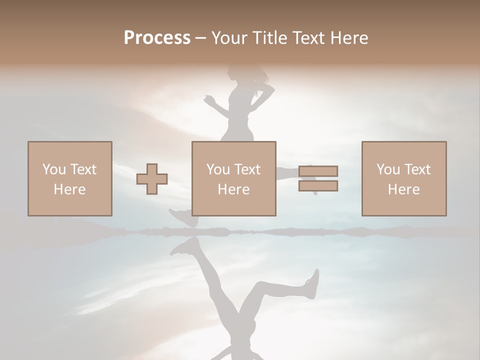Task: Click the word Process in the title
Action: [x=157, y=38]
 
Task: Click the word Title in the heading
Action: [x=269, y=38]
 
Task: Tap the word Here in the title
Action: [x=348, y=38]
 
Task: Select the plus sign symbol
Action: [x=152, y=179]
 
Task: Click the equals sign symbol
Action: [x=318, y=178]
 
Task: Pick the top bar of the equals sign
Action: [x=318, y=171]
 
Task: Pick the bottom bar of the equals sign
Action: [x=318, y=186]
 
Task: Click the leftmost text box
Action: [x=70, y=178]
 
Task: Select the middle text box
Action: [x=234, y=178]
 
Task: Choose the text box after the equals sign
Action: [x=404, y=178]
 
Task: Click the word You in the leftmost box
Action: [x=53, y=169]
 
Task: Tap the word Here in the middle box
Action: [x=233, y=189]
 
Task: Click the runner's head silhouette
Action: [x=236, y=75]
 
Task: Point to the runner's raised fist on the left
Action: [x=209, y=100]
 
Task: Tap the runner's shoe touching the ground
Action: [x=180, y=217]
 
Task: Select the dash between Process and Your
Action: [x=201, y=38]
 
